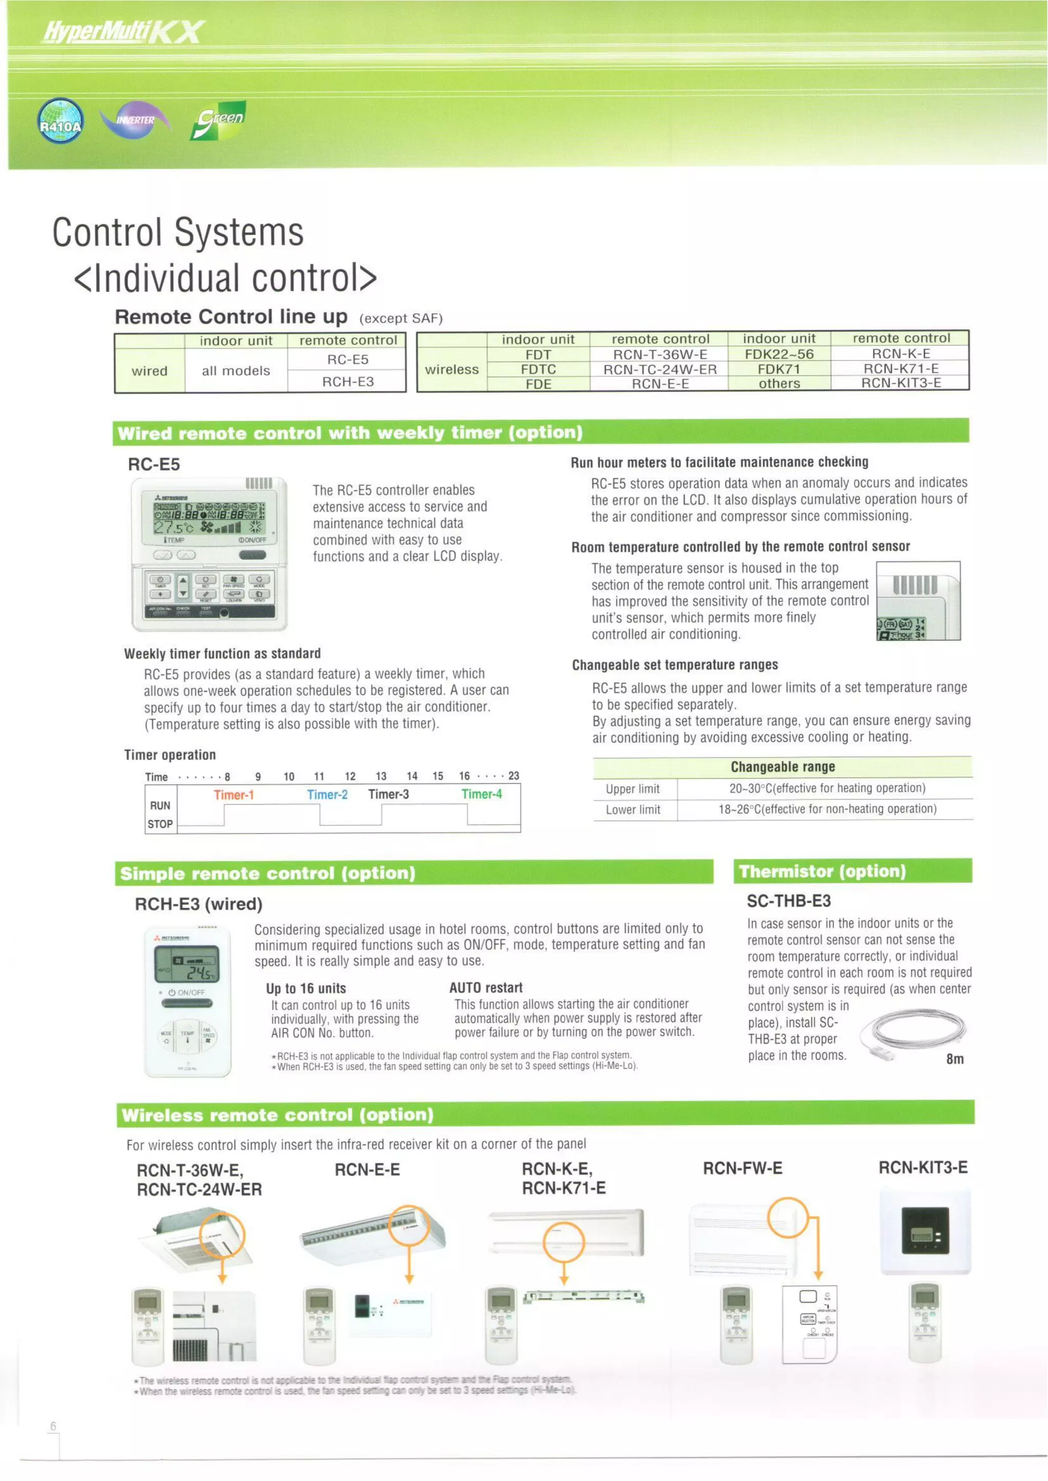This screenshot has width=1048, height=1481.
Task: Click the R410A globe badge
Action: click(60, 121)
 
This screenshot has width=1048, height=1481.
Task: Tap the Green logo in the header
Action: click(219, 120)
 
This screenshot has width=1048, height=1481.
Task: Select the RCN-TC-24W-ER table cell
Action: click(660, 369)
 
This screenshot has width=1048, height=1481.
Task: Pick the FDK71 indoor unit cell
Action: click(779, 369)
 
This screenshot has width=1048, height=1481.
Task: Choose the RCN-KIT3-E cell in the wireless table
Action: click(901, 383)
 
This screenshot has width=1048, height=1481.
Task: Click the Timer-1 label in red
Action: click(234, 795)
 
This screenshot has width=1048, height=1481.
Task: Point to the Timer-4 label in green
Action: click(482, 794)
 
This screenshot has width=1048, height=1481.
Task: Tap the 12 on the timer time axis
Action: click(350, 776)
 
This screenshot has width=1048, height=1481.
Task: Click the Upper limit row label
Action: click(632, 788)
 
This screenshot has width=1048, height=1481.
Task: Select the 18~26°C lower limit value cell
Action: click(827, 809)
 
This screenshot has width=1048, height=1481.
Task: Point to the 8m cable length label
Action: click(954, 1059)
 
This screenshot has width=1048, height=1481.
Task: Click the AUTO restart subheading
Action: click(486, 988)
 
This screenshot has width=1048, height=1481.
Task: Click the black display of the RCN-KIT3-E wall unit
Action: click(925, 1231)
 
